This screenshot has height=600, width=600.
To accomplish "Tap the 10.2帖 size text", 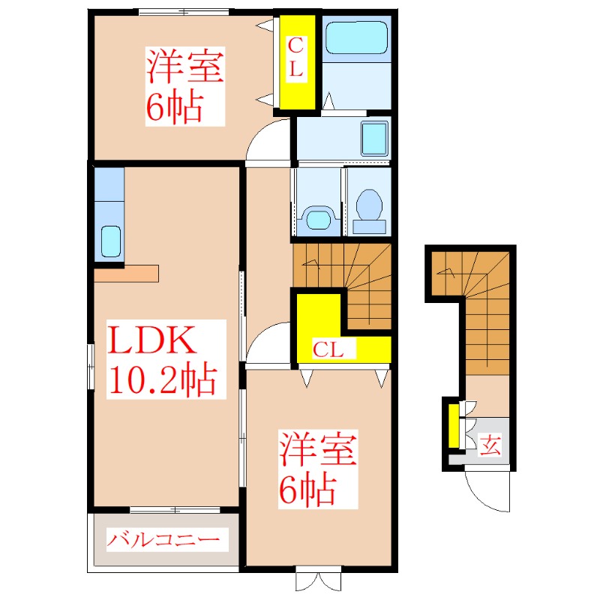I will [x=163, y=380].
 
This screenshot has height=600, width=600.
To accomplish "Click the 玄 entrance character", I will [x=490, y=445].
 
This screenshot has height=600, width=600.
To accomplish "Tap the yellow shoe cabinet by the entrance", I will [x=453, y=427].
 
